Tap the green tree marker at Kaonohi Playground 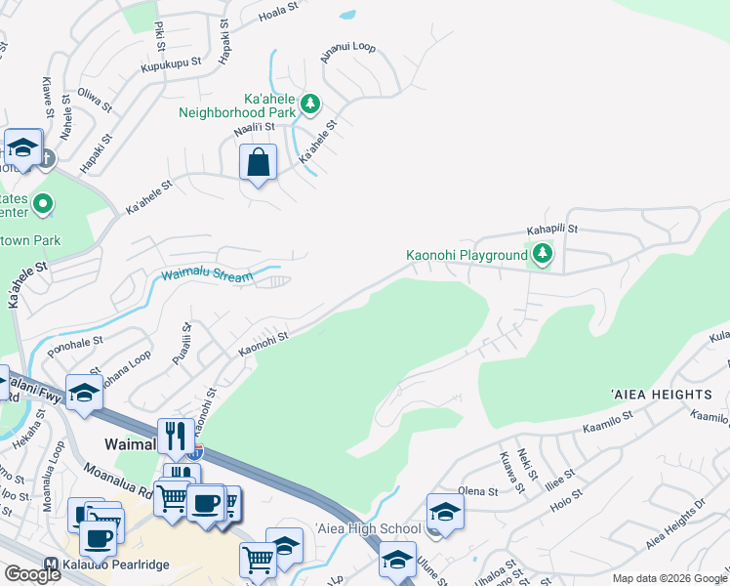coord(542,256)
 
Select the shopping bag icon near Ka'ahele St coord(258,164)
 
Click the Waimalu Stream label coord(207,276)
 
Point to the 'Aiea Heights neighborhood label coord(661,394)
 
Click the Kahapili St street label coord(552,230)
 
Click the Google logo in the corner coord(32,574)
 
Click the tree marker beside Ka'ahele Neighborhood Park coord(310,103)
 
